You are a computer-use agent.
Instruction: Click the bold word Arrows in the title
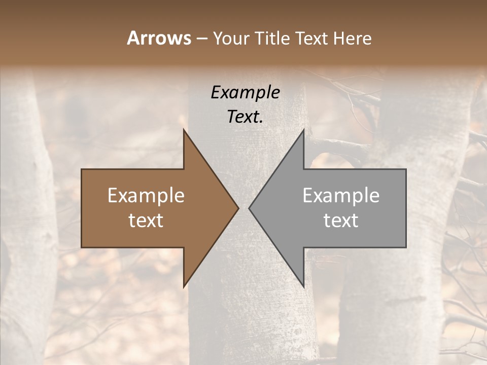click(x=159, y=38)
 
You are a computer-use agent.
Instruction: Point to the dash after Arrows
click(x=201, y=39)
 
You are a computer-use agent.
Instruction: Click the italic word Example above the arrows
click(x=245, y=93)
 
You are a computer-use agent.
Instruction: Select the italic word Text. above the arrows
click(x=245, y=117)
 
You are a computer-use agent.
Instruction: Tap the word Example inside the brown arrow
click(x=146, y=196)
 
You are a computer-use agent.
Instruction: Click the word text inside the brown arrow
click(x=146, y=221)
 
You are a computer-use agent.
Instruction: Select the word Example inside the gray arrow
click(x=341, y=196)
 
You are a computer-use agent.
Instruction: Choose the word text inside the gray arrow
click(x=341, y=221)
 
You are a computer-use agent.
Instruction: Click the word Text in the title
click(x=311, y=38)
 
